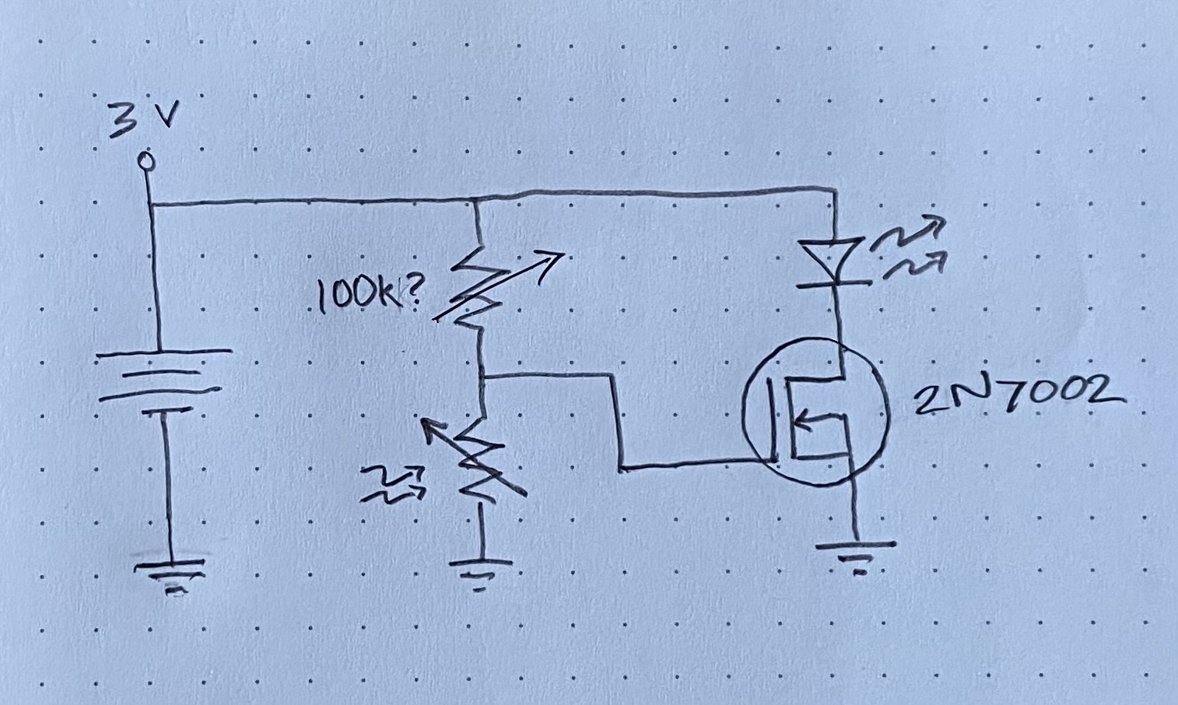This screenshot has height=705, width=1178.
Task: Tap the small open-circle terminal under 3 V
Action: click(145, 161)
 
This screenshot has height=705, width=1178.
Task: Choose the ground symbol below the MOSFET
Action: click(857, 554)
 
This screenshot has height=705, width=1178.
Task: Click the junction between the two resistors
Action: click(483, 377)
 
